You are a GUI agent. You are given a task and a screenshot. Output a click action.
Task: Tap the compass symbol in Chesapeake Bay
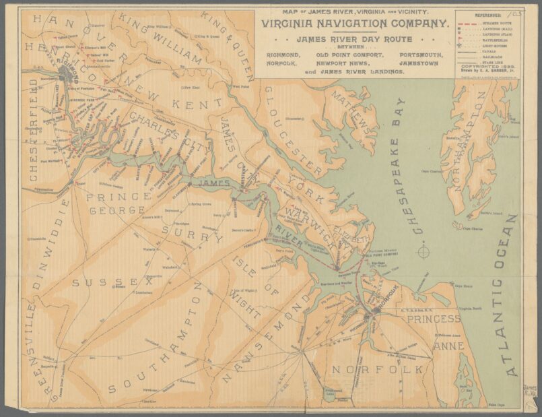[424, 252]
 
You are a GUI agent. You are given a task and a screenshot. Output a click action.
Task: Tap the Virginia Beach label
[467, 308]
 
